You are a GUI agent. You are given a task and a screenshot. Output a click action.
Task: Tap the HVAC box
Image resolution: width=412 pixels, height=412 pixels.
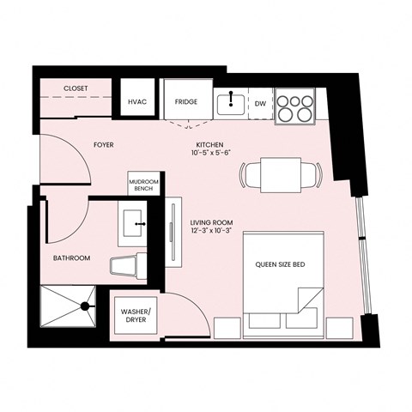point(137,102)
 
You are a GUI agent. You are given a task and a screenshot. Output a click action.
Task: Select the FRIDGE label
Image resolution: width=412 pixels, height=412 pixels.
point(186,102)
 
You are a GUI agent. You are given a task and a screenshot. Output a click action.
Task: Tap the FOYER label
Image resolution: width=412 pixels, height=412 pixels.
point(104,145)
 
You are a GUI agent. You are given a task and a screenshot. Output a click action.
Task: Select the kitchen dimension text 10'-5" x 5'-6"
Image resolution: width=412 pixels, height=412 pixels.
point(209,153)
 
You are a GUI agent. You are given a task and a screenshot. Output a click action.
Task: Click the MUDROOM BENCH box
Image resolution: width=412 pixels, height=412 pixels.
point(142,185)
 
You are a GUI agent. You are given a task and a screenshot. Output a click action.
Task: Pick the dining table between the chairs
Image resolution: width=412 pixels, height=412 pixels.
point(279,175)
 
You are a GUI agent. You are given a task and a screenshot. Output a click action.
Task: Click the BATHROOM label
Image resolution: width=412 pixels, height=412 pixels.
point(71,257)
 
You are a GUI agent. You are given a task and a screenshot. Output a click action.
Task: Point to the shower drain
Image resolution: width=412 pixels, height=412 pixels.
point(85,305)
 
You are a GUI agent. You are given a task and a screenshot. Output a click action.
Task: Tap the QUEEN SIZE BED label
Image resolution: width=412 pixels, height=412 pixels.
point(281,265)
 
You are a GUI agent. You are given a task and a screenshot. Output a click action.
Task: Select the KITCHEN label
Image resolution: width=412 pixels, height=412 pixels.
point(209,143)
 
